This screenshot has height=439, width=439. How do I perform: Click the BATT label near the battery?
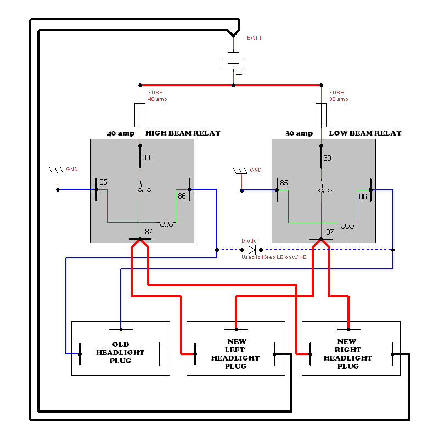(255, 38)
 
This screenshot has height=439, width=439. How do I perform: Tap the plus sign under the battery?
(239, 74)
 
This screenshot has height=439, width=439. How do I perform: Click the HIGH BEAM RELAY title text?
(183, 133)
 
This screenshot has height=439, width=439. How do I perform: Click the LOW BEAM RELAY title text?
(365, 133)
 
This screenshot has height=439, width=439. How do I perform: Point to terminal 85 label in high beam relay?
(104, 182)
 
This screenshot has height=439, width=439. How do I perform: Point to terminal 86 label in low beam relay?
(363, 196)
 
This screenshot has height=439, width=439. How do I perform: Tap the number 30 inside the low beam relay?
(328, 158)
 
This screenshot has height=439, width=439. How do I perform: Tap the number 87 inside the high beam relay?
(149, 232)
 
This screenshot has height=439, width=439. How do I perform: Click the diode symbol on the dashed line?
(251, 250)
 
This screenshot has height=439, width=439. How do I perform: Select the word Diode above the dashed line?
(249, 241)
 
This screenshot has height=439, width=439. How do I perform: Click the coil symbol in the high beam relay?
(167, 224)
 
